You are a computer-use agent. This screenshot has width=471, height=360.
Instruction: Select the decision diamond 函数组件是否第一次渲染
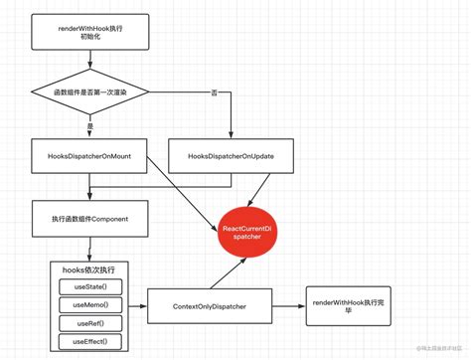89,92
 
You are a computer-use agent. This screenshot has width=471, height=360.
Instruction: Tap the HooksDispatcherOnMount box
89,157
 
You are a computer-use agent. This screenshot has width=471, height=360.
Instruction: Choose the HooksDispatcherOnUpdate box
231,157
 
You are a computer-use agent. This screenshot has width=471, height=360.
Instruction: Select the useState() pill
90,286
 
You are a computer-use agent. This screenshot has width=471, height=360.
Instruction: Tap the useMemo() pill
90,305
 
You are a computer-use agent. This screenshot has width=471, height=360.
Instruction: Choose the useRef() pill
90,323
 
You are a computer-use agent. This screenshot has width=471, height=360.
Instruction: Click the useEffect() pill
90,342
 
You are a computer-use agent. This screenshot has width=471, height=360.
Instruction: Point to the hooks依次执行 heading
89,270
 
